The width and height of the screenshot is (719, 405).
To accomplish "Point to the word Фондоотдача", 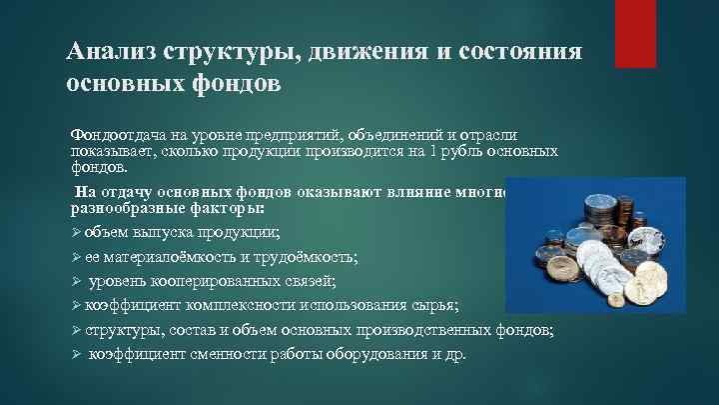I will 112,134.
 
